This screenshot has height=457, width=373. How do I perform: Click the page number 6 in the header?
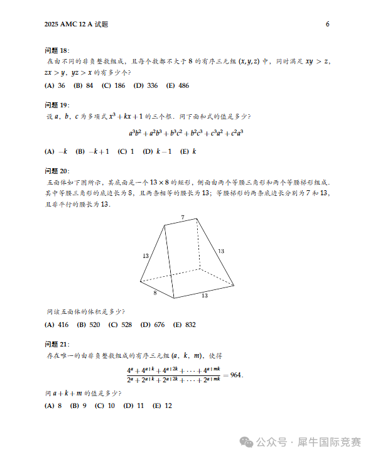(x=328, y=24)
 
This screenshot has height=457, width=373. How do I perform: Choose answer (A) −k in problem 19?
(x=56, y=151)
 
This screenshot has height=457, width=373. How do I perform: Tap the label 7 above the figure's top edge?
(x=183, y=217)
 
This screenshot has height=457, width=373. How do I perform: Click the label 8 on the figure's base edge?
(x=155, y=293)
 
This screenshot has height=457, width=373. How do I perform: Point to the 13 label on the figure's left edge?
(x=146, y=255)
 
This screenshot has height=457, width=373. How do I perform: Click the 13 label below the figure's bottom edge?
(x=205, y=295)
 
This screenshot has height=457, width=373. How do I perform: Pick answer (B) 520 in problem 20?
(x=89, y=325)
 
